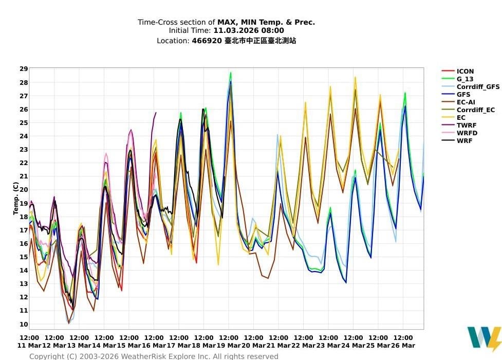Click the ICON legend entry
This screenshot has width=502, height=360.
(x=465, y=71)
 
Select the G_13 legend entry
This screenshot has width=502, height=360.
(x=465, y=79)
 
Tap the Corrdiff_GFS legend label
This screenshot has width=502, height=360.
(x=478, y=87)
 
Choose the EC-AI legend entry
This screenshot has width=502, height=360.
(x=466, y=102)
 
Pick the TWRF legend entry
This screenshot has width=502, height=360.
(x=466, y=125)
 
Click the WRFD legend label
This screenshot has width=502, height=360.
(x=467, y=133)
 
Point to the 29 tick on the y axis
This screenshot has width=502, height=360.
(x=24, y=69)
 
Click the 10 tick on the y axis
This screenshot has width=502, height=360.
(x=24, y=324)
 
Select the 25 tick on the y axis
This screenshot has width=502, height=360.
(x=24, y=122)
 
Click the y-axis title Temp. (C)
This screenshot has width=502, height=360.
(x=16, y=198)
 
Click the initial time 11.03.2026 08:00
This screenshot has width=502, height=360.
(x=249, y=31)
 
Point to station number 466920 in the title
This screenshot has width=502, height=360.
(x=207, y=40)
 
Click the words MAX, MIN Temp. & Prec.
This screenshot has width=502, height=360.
(x=266, y=22)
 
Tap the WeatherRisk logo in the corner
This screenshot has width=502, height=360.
(x=484, y=338)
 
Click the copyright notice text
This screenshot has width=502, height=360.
(x=154, y=356)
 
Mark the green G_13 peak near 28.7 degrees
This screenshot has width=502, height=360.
(x=231, y=73)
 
